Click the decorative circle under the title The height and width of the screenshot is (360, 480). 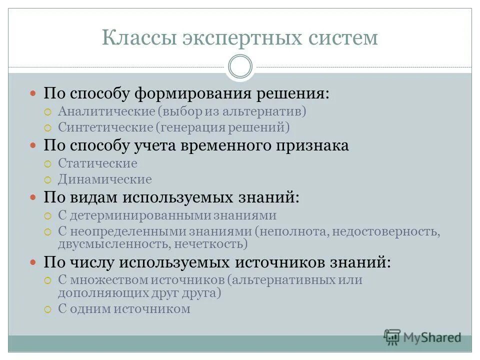pos(240,67)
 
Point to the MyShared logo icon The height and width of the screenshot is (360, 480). pos(392,337)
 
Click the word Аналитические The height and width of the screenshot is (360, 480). pos(105,111)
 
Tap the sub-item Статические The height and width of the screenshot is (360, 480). pos(97,163)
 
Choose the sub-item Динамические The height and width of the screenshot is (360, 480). pos(104,179)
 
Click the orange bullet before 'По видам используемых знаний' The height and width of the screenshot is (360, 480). pos(33,197)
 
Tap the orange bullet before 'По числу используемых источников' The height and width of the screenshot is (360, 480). pos(33,261)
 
